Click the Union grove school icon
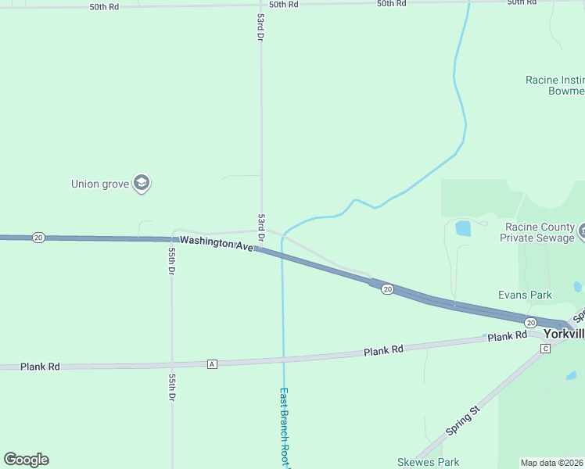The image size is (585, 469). [x=142, y=184]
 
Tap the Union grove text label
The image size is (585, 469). [x=96, y=184]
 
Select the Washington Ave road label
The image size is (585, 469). [x=217, y=243]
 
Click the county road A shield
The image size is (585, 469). [x=211, y=364]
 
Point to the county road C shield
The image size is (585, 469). [x=545, y=348]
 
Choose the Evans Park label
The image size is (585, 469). [x=525, y=295]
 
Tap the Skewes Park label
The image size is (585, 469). [x=428, y=462]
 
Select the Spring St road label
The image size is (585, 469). [x=462, y=421]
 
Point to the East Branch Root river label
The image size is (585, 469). [x=285, y=426]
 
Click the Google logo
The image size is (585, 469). [x=26, y=460]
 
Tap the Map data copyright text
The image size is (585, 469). [x=551, y=463]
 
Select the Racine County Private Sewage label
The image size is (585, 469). [x=540, y=232]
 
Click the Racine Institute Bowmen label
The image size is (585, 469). [x=554, y=86]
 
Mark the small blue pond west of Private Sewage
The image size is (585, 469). [x=463, y=228]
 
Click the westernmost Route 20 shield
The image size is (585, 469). [x=38, y=238]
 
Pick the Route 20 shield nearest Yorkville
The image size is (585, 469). [x=530, y=322]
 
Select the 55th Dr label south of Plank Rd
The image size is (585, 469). [x=171, y=387]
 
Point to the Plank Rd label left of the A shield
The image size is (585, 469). [x=40, y=366]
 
